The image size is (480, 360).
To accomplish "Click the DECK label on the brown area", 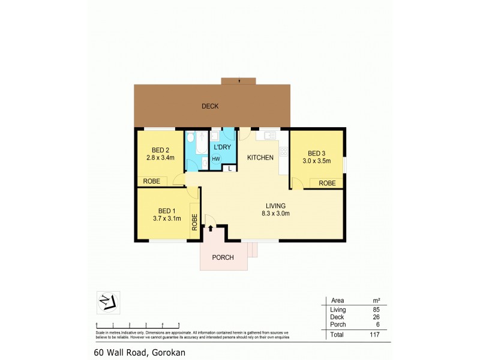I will [209, 106].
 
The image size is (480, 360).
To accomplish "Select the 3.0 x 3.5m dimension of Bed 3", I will [316, 160].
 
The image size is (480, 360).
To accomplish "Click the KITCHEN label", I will [260, 158].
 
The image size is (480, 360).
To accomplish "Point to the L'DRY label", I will [223, 146].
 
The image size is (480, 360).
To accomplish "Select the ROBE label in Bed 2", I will [152, 181].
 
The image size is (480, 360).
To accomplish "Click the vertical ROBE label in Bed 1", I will [194, 223].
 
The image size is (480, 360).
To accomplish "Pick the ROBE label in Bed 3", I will [327, 183].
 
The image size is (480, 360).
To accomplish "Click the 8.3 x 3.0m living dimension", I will [275, 213].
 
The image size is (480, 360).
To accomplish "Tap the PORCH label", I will [223, 258].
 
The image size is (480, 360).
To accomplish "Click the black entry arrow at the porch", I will [211, 228].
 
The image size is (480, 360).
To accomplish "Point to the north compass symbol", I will [108, 302].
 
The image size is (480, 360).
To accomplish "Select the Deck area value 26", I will [377, 316].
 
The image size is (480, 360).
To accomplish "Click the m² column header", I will [377, 300].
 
